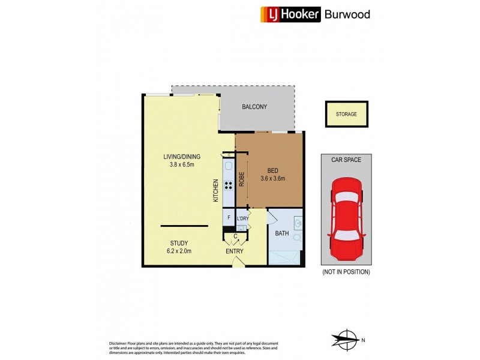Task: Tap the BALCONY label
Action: (x=254, y=107)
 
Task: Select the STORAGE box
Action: (x=346, y=114)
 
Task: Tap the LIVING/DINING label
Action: (x=179, y=157)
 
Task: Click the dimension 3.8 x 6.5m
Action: (x=179, y=165)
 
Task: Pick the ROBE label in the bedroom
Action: (x=241, y=180)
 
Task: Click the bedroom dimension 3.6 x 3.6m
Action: (x=272, y=178)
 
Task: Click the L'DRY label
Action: (x=242, y=218)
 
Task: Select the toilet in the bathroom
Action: (x=296, y=239)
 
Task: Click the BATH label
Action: (x=281, y=233)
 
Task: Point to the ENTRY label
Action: (x=233, y=251)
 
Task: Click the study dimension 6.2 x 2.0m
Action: (x=179, y=251)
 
